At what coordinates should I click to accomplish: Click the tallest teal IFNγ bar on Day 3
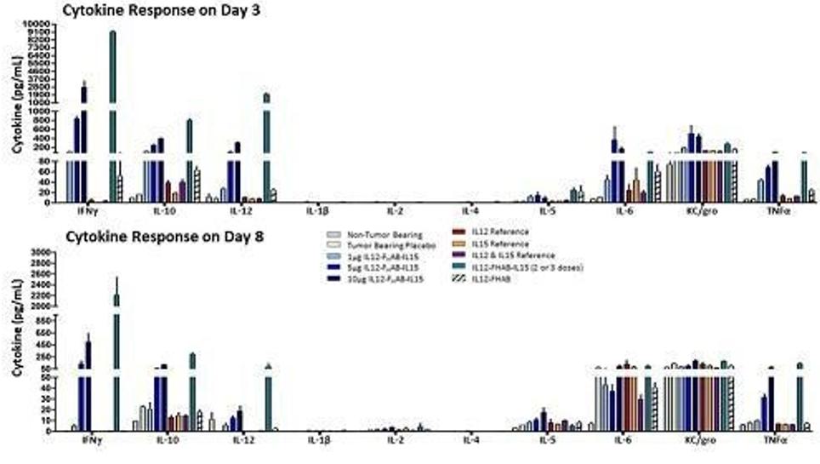click(112, 102)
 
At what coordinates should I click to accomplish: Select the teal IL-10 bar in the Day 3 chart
click(189, 158)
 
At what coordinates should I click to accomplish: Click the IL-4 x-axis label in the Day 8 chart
click(470, 440)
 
